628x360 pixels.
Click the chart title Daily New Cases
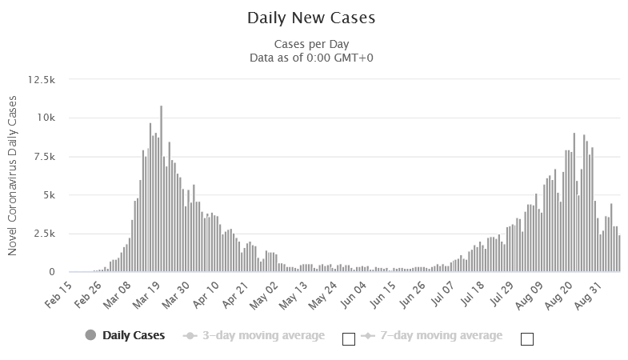[x=310, y=17]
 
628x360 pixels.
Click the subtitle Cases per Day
[x=311, y=43]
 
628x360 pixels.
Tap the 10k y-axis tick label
[x=45, y=118]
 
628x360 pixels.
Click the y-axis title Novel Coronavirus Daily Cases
[x=13, y=175]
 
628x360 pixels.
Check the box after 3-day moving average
[x=348, y=338]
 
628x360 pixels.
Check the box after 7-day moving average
[x=526, y=338]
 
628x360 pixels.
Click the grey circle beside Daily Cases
[x=90, y=335]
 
